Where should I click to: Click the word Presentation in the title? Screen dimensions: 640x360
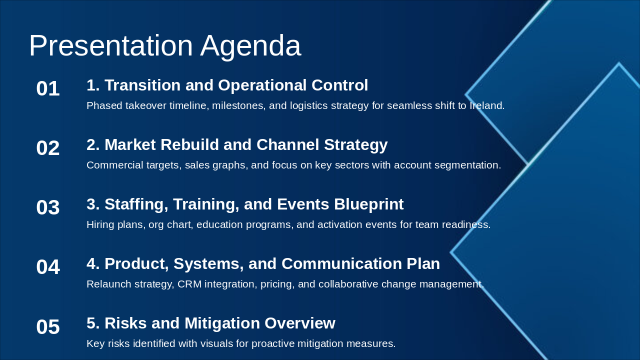[111, 45]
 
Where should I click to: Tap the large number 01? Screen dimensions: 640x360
[48, 88]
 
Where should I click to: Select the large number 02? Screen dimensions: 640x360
[48, 148]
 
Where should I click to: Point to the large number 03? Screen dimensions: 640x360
[48, 207]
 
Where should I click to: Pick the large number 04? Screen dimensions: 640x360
[48, 267]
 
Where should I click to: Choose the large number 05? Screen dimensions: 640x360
[48, 327]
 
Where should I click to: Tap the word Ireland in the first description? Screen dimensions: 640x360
[487, 105]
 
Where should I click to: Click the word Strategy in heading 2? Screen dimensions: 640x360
[355, 145]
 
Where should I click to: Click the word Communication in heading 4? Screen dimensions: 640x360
[341, 263]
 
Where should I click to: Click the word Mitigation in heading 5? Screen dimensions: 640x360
[222, 323]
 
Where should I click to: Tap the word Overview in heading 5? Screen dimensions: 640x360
[300, 323]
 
